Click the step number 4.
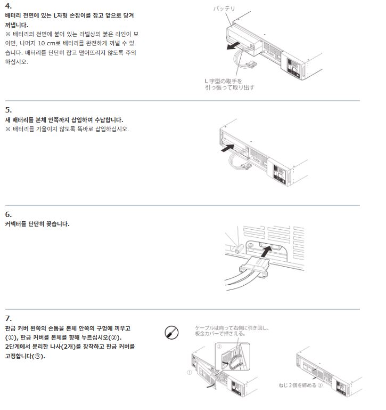coord(8,6)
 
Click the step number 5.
coord(8,110)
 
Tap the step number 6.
coord(8,214)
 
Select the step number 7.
coord(8,318)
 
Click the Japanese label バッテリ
coord(224,9)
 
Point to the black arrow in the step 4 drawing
coord(233,46)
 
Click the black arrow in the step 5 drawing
coord(227,148)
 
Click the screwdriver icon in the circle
coord(171,333)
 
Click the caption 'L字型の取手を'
coord(224,81)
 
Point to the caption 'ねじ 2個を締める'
coord(298,385)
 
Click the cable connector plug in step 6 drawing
coord(254,267)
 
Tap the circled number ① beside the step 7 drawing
coord(190,372)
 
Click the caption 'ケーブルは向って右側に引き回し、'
coord(232,328)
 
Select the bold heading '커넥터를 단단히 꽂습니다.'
coord(37,224)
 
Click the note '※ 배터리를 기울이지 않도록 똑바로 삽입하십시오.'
coord(67,129)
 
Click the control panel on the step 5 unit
coord(280,173)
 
